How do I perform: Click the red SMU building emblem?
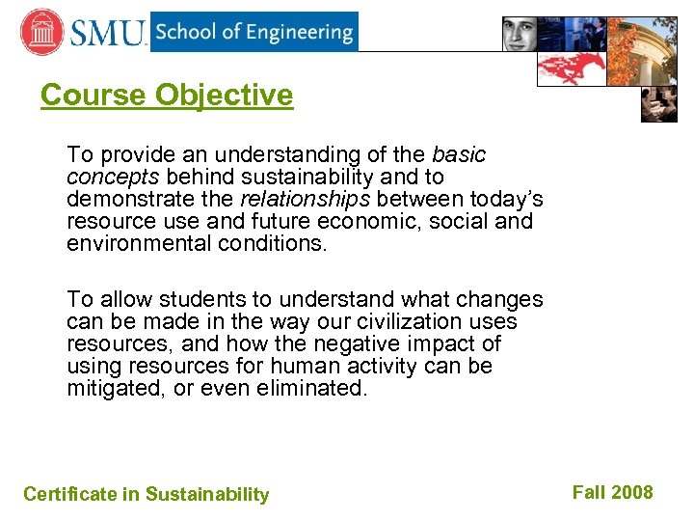pyautogui.click(x=41, y=32)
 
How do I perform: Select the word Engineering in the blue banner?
pyautogui.click(x=297, y=32)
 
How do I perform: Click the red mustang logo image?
pyautogui.click(x=571, y=68)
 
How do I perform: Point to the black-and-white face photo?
pyautogui.click(x=530, y=34)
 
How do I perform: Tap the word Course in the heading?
pyautogui.click(x=93, y=95)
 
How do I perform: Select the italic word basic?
pyautogui.click(x=459, y=154)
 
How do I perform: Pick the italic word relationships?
pyautogui.click(x=305, y=199)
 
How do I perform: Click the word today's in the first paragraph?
pyautogui.click(x=507, y=199)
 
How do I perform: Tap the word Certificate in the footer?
pyautogui.click(x=70, y=494)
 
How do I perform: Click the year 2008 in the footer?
pyautogui.click(x=631, y=492)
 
